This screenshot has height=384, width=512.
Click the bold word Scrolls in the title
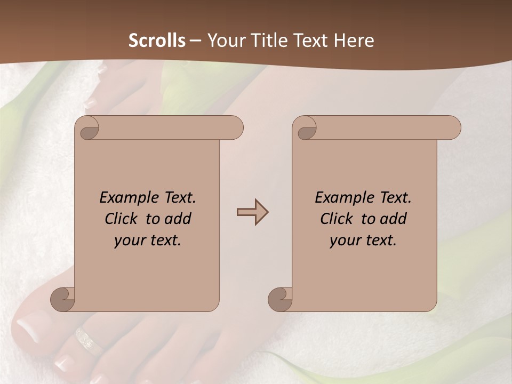157,41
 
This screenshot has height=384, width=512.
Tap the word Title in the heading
265,41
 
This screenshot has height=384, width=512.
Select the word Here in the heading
355,41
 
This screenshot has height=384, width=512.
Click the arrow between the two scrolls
252,212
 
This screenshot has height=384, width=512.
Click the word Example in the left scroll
129,198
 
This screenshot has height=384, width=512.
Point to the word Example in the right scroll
344,198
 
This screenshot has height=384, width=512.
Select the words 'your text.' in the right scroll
363,241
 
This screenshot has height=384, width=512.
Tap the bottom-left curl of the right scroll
280,299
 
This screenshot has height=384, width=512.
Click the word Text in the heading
310,41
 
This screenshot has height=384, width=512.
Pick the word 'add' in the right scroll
393,219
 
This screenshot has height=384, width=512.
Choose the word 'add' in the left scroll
177,219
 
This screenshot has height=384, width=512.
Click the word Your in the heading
225,41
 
